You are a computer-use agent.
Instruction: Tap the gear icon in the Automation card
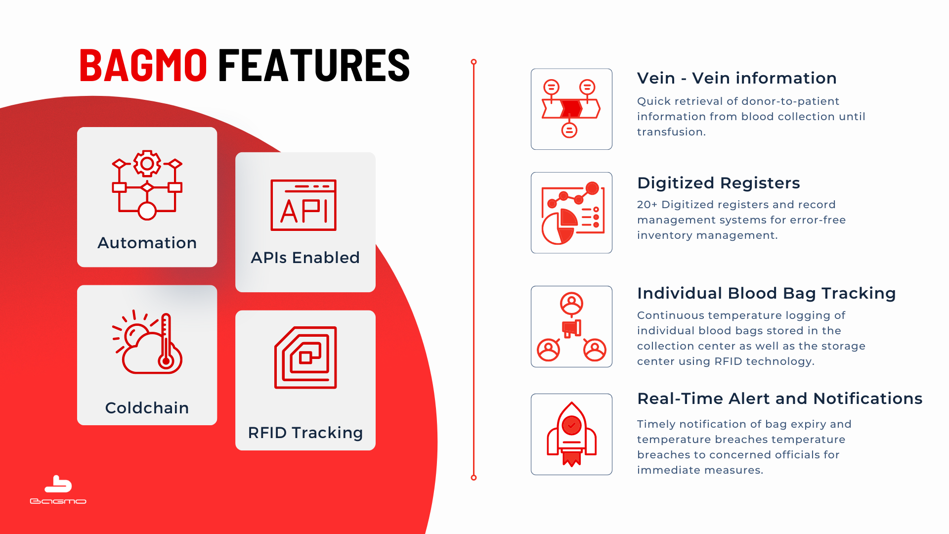tap(147, 163)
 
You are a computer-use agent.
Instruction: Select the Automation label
tap(147, 243)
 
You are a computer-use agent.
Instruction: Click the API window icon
tap(303, 205)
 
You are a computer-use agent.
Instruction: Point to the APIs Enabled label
tap(305, 258)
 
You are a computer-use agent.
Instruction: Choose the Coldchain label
tap(147, 408)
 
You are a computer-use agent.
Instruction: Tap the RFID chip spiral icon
tap(305, 357)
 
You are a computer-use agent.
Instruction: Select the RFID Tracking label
tap(305, 433)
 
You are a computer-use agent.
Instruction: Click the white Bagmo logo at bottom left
tap(58, 489)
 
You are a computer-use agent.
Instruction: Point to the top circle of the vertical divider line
tap(474, 62)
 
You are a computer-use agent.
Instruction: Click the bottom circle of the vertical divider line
tap(474, 478)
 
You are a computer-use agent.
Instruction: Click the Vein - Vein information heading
tap(737, 78)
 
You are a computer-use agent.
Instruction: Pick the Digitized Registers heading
tap(719, 183)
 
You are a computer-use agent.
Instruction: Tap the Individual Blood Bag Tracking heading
tap(767, 293)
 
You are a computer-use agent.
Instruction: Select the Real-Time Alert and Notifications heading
tap(780, 399)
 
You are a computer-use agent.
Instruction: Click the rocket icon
tap(571, 434)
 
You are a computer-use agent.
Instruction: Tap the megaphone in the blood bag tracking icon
tap(571, 328)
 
